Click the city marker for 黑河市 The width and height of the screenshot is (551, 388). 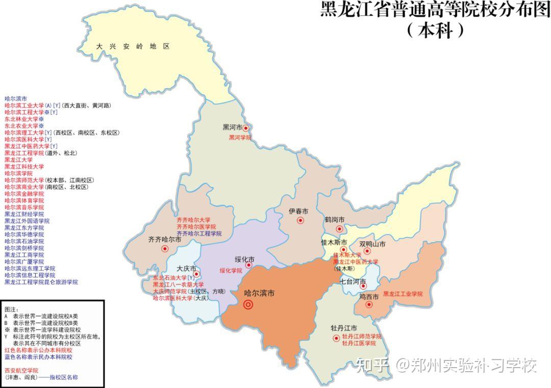click(245, 128)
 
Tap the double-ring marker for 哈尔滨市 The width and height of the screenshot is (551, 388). click(248, 305)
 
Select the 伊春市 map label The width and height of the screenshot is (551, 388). click(298, 211)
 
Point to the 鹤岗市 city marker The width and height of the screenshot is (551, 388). click(339, 229)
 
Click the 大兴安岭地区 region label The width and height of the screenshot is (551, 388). click(133, 46)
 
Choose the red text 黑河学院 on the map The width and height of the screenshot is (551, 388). click(240, 138)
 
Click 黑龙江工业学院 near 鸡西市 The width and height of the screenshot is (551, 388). click(403, 294)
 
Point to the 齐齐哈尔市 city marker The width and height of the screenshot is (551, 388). click(165, 249)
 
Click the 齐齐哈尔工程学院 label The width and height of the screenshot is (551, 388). click(199, 234)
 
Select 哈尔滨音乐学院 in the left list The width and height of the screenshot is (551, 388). click(24, 208)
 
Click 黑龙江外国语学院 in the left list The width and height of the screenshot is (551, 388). click(28, 221)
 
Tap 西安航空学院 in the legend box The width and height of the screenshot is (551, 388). click(21, 370)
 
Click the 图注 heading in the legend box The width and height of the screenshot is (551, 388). click(11, 309)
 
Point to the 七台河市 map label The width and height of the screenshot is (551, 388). click(353, 281)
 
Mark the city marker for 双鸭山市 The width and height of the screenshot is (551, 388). click(367, 251)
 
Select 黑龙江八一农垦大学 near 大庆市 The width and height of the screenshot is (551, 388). click(179, 284)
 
